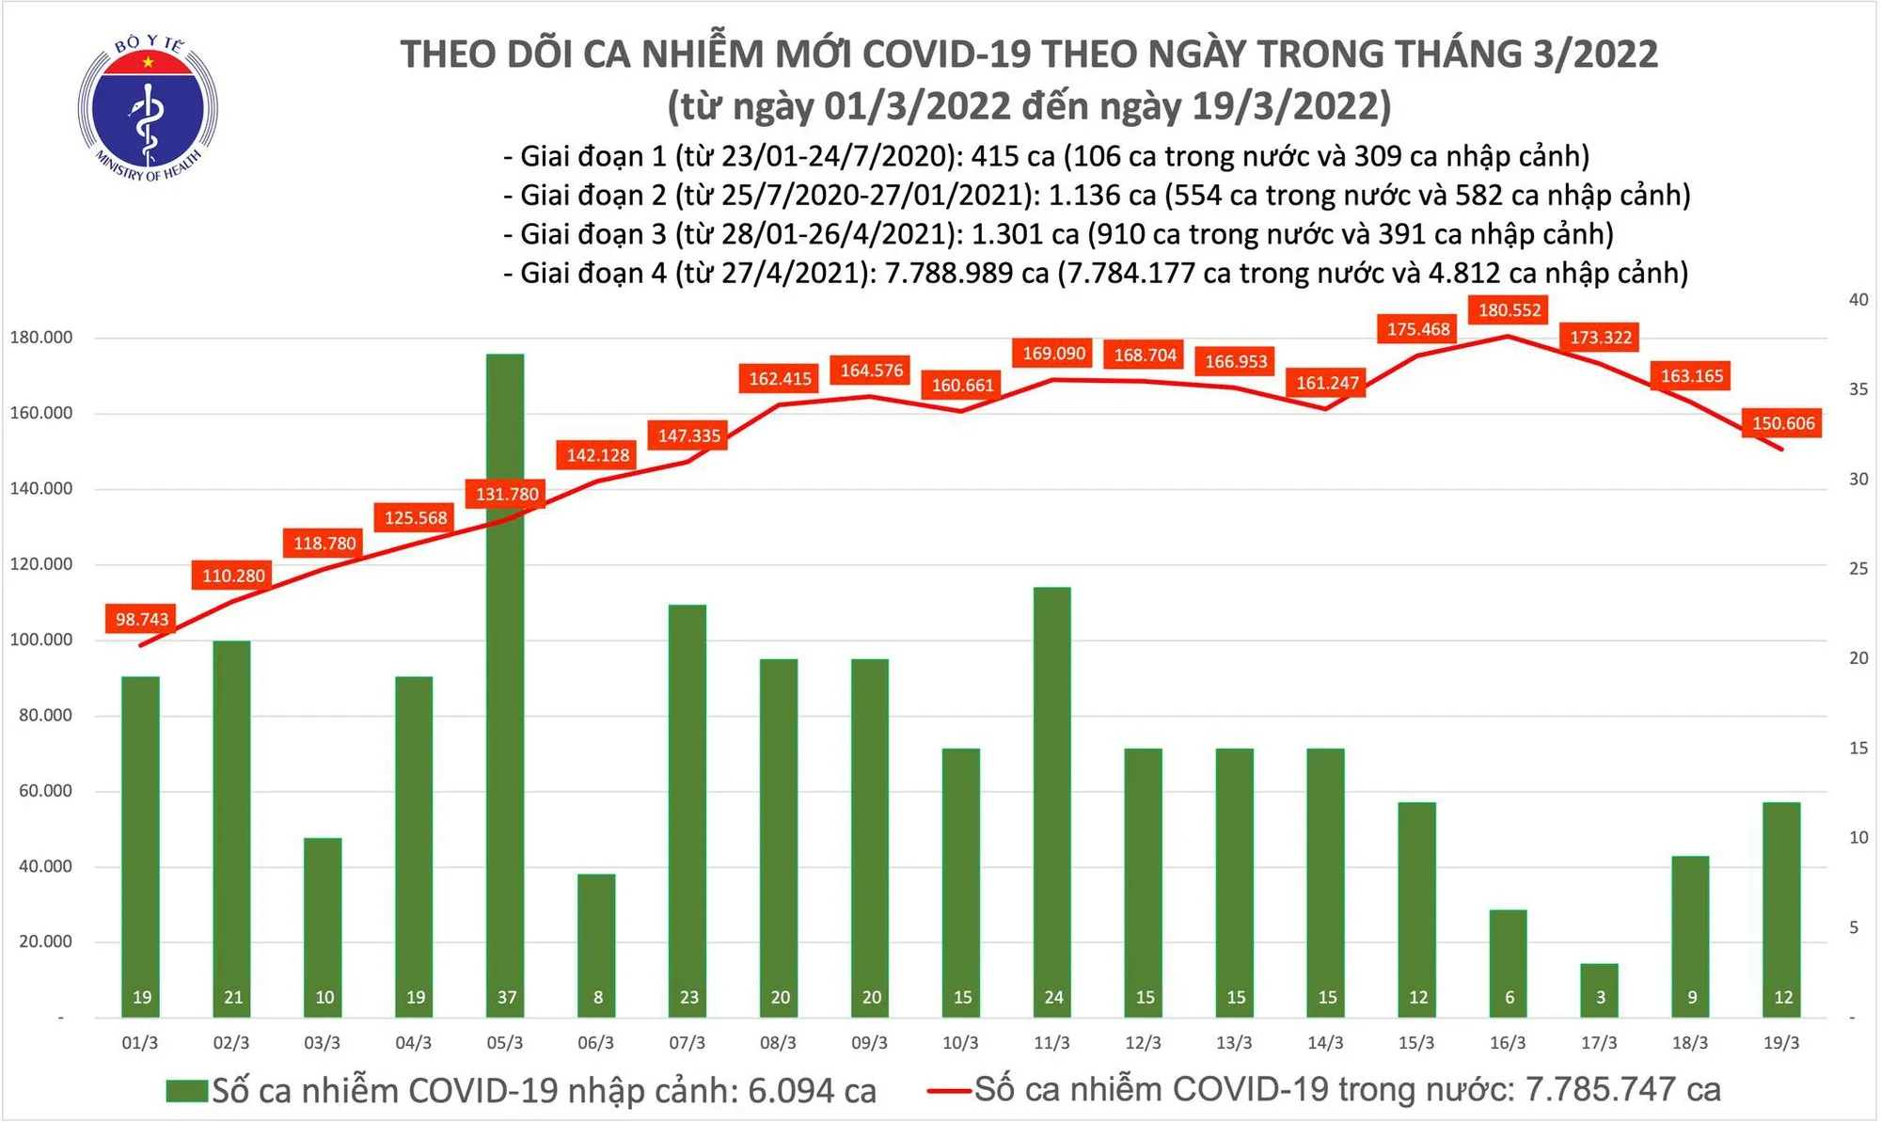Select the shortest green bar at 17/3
pyautogui.click(x=1600, y=989)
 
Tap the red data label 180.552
pyautogui.click(x=1510, y=310)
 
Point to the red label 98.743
pyautogui.click(x=142, y=619)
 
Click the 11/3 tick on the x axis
pyautogui.click(x=1051, y=1043)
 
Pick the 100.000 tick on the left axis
pyautogui.click(x=40, y=640)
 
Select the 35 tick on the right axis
pyautogui.click(x=1858, y=389)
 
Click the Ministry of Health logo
pyautogui.click(x=148, y=109)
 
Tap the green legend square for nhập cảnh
pyautogui.click(x=186, y=1091)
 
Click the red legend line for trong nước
pyautogui.click(x=948, y=1091)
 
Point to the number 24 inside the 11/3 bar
pyautogui.click(x=1053, y=997)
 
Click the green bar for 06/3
pyautogui.click(x=596, y=945)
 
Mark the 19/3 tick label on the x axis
pyautogui.click(x=1781, y=1043)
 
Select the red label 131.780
pyautogui.click(x=508, y=494)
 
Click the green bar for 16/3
pyautogui.click(x=1509, y=963)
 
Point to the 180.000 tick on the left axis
pyautogui.click(x=40, y=338)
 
